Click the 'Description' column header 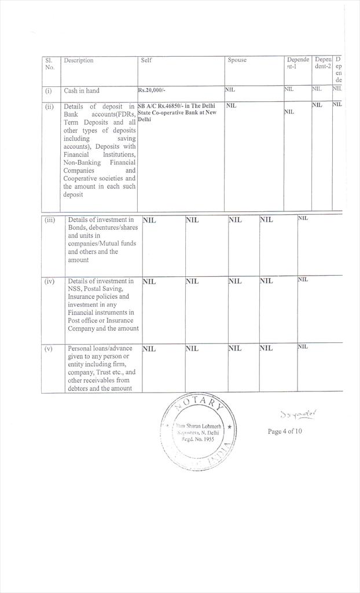pos(78,61)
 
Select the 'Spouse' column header pos(237,60)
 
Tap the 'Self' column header pos(146,60)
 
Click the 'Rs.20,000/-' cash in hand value pos(152,90)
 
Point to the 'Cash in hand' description pos(82,91)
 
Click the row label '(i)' pos(49,91)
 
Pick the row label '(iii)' pos(50,220)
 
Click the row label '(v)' pos(49,349)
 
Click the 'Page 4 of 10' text pos(284,431)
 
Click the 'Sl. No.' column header pos(49,64)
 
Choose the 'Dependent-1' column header pos(297,64)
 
